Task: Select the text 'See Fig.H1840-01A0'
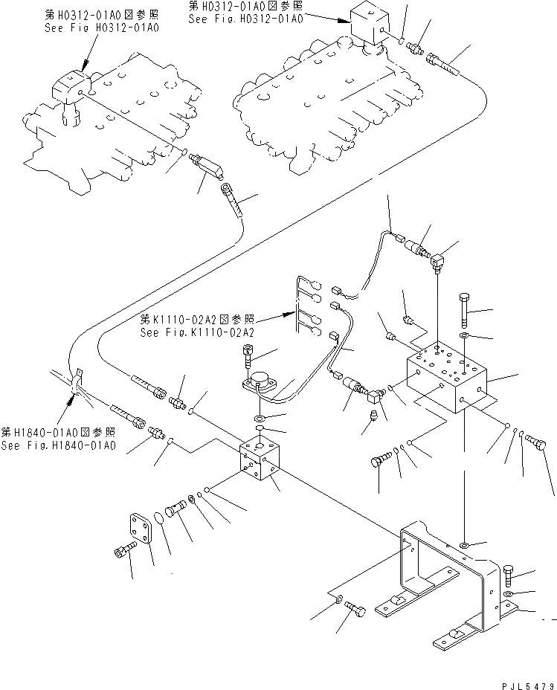click(x=59, y=445)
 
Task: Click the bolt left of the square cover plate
click(x=123, y=552)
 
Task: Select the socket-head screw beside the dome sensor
click(x=248, y=357)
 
